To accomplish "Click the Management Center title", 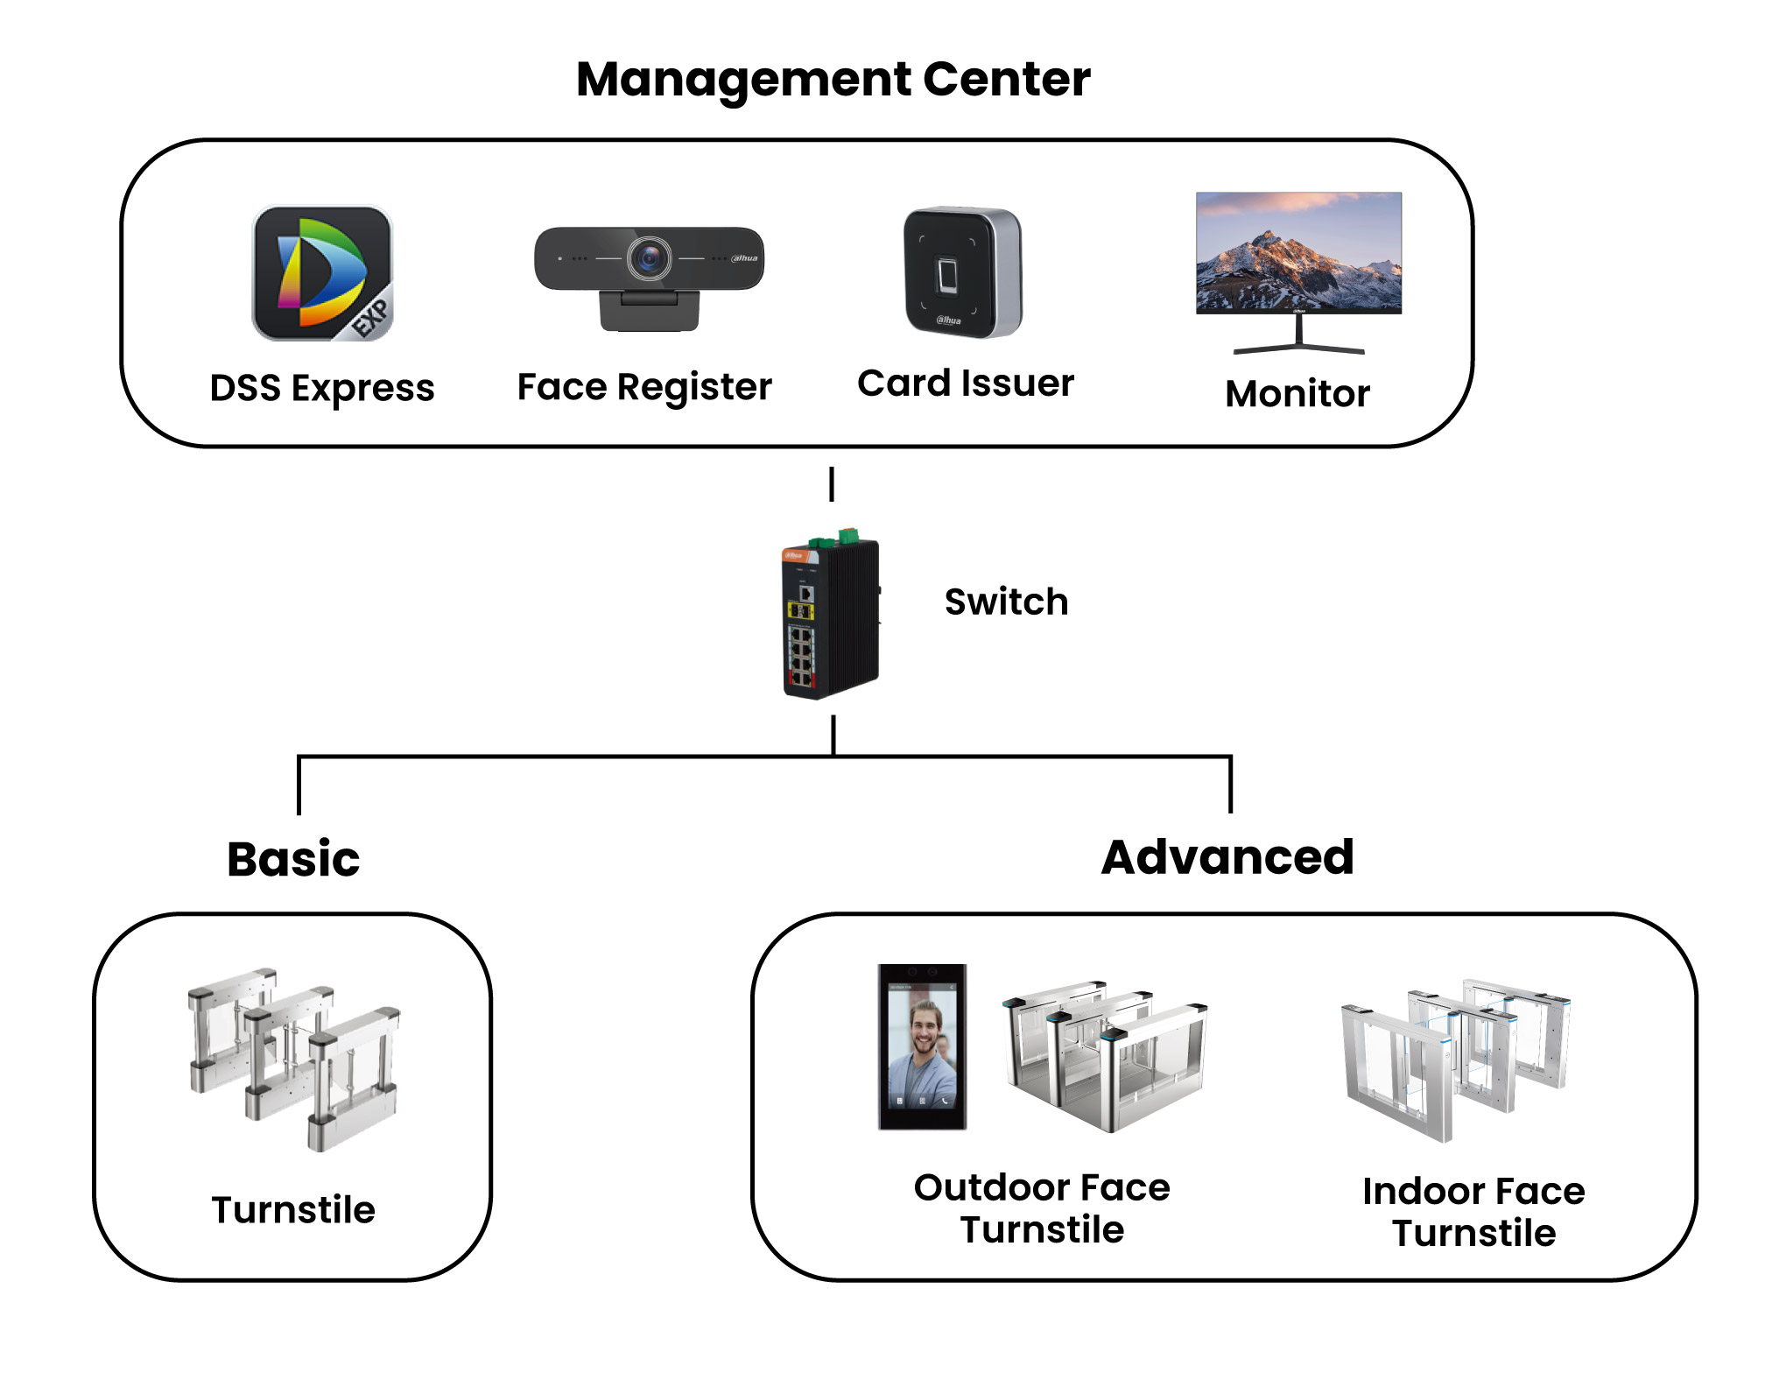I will click(x=833, y=80).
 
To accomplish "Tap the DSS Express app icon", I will click(x=322, y=273).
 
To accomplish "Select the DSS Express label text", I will click(x=322, y=388).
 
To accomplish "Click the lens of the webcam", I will click(x=649, y=258).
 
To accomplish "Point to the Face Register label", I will click(x=644, y=387).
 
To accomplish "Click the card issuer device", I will click(x=963, y=272).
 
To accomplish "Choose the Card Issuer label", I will click(x=966, y=384).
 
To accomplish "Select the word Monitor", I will click(x=1297, y=394).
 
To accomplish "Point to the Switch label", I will click(x=1006, y=602).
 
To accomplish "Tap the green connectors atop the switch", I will click(x=835, y=537).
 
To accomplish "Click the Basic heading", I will click(x=293, y=859).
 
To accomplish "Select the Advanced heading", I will click(x=1227, y=857).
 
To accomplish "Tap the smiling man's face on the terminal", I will click(x=923, y=1031).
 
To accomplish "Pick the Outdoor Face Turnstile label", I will click(x=1042, y=1208).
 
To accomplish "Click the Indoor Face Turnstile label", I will click(x=1473, y=1212).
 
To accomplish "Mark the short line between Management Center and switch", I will click(x=832, y=484).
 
